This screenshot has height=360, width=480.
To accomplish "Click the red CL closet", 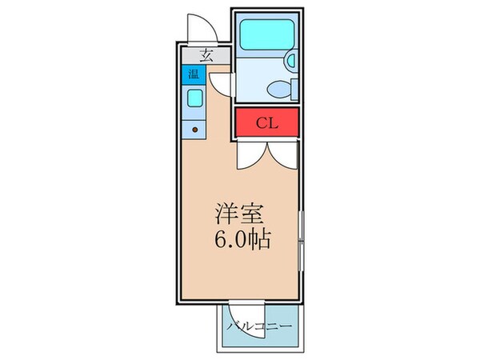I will coord(267,123).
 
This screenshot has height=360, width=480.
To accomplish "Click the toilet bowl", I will coord(278,89).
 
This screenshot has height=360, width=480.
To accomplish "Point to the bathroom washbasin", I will coord(290,60).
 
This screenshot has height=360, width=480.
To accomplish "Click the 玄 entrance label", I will coord(206,56).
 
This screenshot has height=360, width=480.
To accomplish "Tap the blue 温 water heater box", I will coord(193,76).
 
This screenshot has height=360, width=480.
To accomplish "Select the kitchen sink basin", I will coord(194,99).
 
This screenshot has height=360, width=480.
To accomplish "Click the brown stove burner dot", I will coord(194,129).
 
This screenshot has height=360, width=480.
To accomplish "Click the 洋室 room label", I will coord(237,214).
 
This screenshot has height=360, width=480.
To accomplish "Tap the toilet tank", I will coord(290,88).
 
